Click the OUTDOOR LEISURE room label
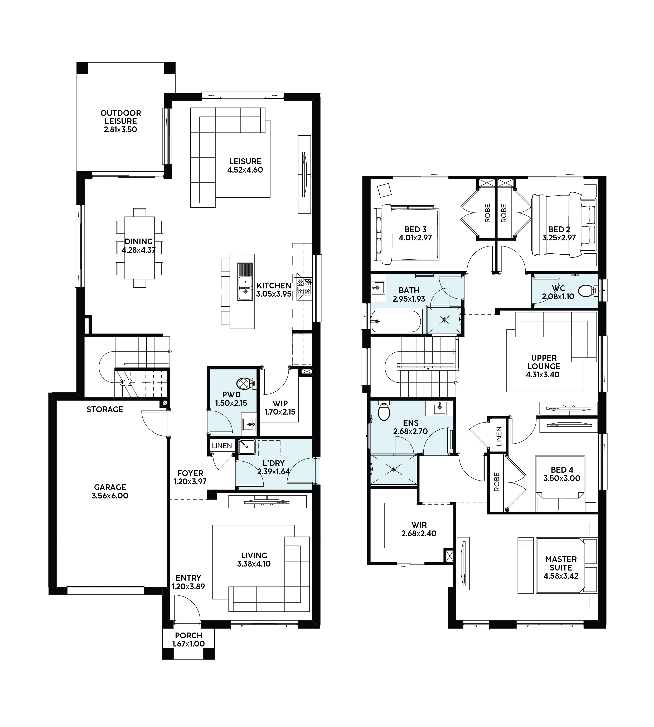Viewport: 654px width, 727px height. (121, 117)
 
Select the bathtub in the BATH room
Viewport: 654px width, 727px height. (396, 321)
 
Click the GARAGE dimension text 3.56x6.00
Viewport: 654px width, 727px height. (110, 496)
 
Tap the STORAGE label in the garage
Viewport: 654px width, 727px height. (105, 409)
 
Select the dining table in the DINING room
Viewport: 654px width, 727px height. (139, 248)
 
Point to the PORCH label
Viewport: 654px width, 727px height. (189, 635)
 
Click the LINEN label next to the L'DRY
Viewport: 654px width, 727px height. (222, 446)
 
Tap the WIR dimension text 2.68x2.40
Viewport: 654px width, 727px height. (419, 534)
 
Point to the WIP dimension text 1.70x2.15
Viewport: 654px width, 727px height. (280, 412)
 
